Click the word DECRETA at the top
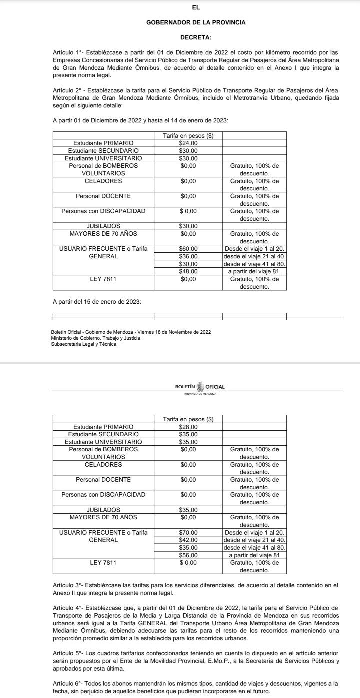[196, 37]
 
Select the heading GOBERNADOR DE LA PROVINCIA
[196, 22]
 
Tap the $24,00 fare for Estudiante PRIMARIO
[188, 143]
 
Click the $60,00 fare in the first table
[188, 249]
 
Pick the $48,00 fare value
[188, 271]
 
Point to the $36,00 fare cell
[188, 256]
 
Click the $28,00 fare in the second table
[188, 427]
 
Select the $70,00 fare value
[188, 533]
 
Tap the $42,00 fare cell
[188, 540]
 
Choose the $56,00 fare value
[188, 555]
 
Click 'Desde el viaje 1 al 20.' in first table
[255, 249]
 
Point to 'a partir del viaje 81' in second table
[255, 555]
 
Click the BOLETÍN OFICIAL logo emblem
[200, 387]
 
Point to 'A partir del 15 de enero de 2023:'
[97, 302]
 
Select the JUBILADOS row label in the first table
[103, 226]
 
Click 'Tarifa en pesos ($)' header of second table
[188, 419]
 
